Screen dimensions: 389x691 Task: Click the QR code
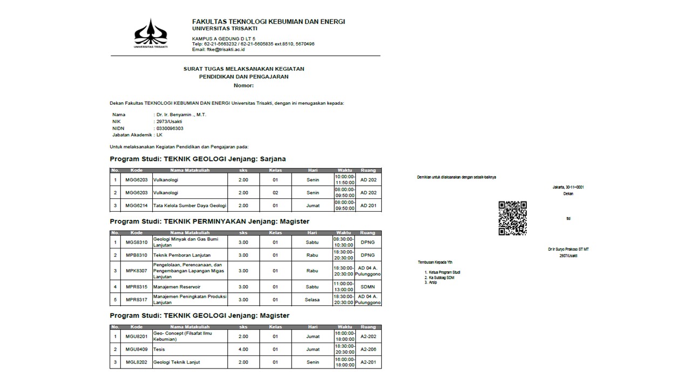tap(512, 218)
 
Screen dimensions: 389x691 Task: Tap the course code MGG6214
tap(137, 205)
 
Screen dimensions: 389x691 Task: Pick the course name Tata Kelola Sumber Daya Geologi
tap(189, 205)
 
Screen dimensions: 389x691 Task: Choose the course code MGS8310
tap(137, 242)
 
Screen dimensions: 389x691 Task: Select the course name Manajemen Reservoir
tap(177, 287)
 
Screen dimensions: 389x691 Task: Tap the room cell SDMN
tap(368, 287)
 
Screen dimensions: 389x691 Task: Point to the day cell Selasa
tap(313, 300)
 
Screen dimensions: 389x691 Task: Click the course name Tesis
tap(159, 350)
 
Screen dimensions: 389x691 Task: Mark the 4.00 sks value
tap(243, 350)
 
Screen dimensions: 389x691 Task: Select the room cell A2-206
tap(368, 350)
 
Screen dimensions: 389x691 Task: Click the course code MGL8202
tap(137, 362)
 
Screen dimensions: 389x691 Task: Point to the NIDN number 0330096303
tap(170, 129)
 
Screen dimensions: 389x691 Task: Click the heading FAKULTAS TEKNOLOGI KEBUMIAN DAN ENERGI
tap(268, 22)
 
